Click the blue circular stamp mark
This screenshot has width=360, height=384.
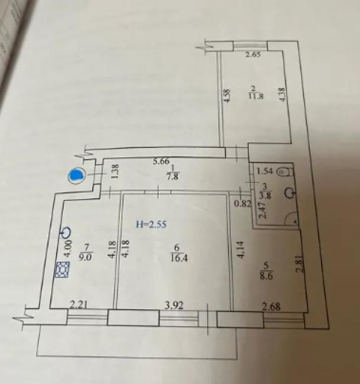pos(77,176)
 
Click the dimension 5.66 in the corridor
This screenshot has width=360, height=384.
pos(162,160)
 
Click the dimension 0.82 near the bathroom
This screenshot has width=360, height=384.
pos(242,204)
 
